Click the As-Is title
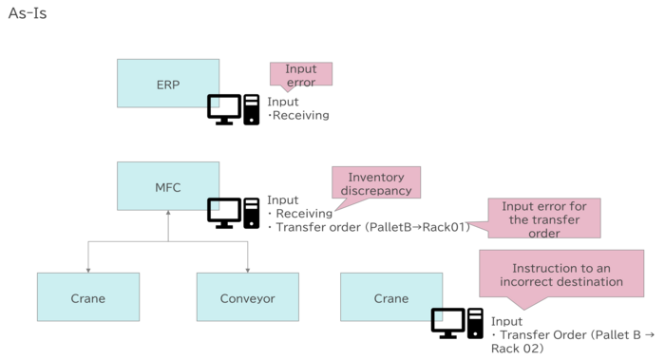[x=27, y=16]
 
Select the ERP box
[x=168, y=84]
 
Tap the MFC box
[x=168, y=186]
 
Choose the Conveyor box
[x=248, y=297]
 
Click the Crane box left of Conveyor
[x=88, y=297]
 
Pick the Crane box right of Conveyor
[x=390, y=297]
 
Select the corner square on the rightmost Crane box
[x=438, y=315]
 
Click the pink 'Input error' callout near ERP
[x=301, y=76]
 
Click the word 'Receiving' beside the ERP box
[x=301, y=116]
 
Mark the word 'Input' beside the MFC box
[x=282, y=201]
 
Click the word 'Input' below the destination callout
[x=506, y=322]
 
